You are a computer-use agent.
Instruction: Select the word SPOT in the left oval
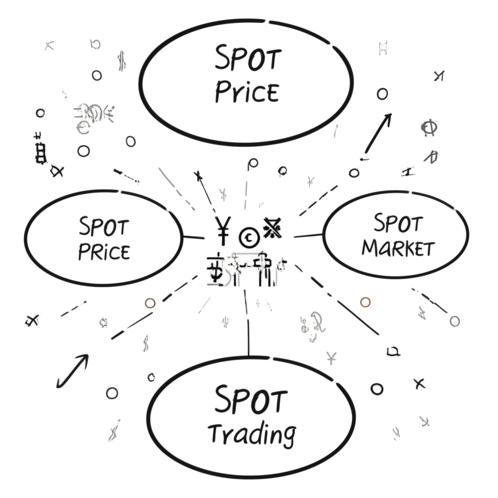[x=104, y=228]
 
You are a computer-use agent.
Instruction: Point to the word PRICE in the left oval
[x=104, y=251]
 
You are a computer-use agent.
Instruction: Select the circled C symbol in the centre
[x=249, y=237]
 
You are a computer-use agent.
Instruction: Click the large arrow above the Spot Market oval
[x=378, y=131]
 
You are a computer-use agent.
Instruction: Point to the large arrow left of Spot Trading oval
[x=72, y=371]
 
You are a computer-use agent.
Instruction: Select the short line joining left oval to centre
[x=194, y=237]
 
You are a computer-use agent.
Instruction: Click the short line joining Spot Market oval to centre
[x=308, y=236]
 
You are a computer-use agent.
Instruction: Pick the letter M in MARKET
[x=371, y=249]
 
